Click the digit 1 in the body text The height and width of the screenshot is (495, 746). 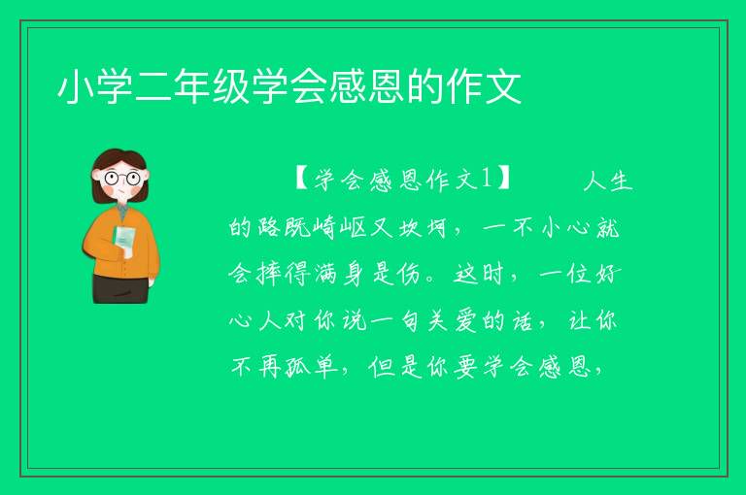pyautogui.click(x=487, y=179)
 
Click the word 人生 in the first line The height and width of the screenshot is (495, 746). pyautogui.click(x=607, y=181)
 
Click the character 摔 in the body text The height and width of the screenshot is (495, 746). pyautogui.click(x=268, y=274)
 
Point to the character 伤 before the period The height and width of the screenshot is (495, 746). pyautogui.click(x=410, y=274)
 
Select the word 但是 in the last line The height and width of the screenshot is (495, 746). pyautogui.click(x=395, y=367)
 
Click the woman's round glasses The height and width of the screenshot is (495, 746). pyautogui.click(x=122, y=179)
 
